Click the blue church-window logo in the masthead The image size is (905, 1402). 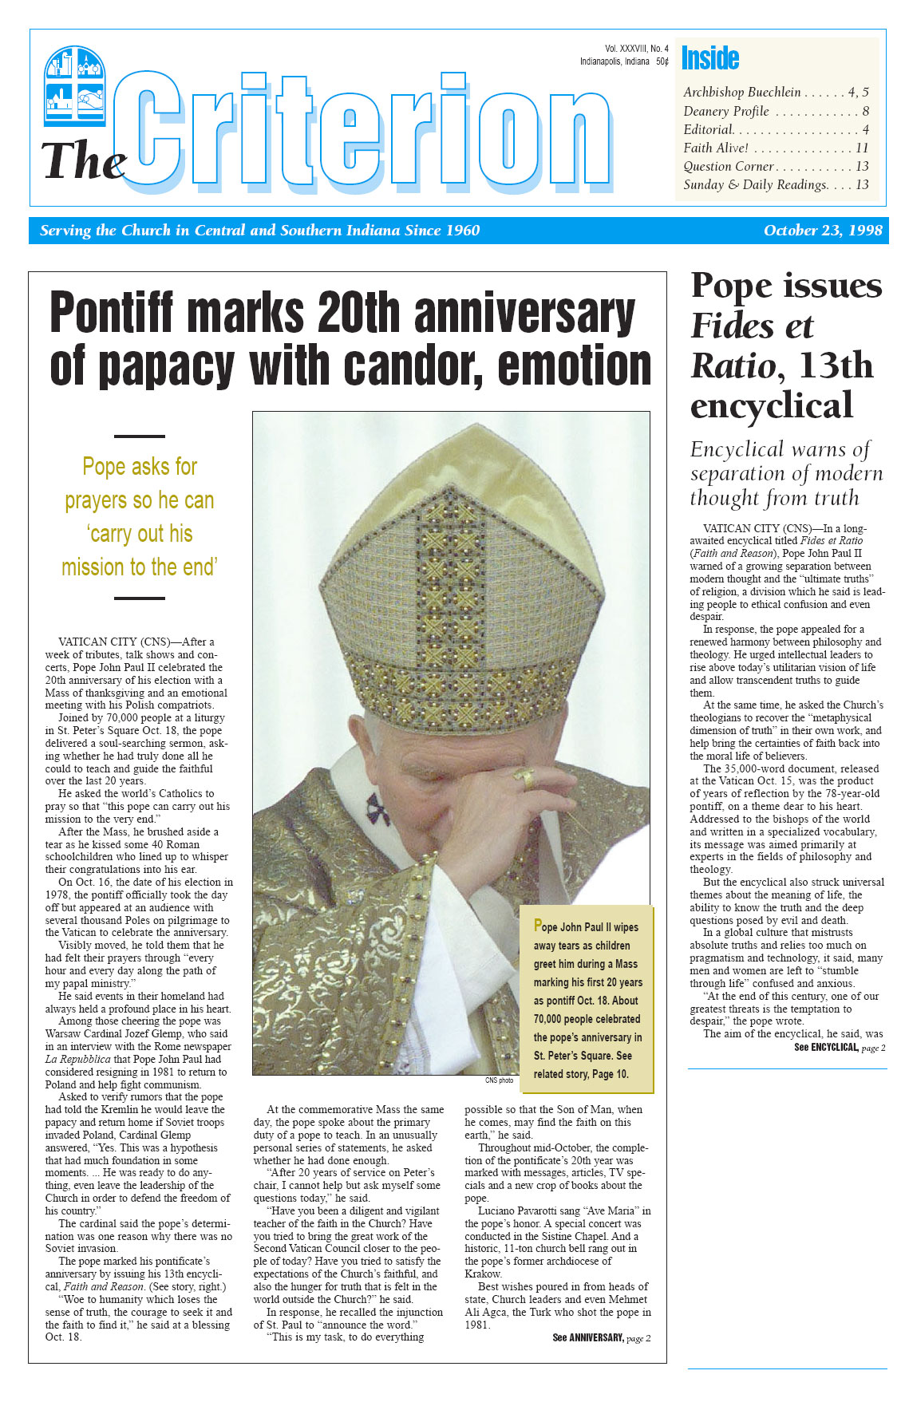[x=75, y=85]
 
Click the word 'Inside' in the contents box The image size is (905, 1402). [x=709, y=58]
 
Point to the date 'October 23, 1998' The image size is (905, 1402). [x=823, y=231]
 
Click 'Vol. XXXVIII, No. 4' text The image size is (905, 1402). [x=636, y=49]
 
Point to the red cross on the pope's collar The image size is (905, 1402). [x=376, y=808]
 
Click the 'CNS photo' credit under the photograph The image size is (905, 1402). [x=499, y=1080]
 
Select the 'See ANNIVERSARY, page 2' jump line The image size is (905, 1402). [x=601, y=1337]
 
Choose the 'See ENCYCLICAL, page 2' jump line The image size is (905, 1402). [x=839, y=1047]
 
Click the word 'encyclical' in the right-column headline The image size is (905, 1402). [x=772, y=405]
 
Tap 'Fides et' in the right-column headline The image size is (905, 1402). [x=752, y=326]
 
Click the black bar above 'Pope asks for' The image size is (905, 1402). [x=140, y=436]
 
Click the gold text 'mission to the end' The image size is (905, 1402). [x=140, y=567]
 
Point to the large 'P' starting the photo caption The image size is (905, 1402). [x=538, y=926]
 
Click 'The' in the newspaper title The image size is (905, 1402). [x=83, y=162]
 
